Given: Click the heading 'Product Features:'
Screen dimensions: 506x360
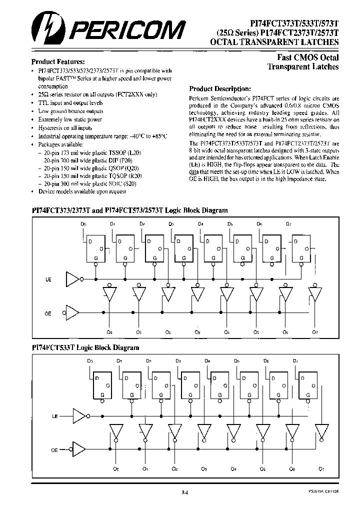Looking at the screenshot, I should coord(54,61).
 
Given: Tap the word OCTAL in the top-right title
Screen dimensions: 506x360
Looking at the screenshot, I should coord(225,43).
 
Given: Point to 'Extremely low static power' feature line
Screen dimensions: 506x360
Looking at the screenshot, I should coord(70,120).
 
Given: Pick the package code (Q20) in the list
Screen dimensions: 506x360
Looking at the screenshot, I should coord(133,168).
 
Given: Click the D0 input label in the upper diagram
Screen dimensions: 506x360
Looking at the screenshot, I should coord(84,224).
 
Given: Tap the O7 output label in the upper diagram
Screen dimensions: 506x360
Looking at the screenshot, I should coord(314,332).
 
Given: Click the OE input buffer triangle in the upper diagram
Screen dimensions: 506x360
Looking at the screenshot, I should coord(72,312).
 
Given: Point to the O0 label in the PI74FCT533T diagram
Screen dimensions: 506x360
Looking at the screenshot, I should coord(116,468).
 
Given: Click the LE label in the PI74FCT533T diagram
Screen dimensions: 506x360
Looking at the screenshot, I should coord(55,415).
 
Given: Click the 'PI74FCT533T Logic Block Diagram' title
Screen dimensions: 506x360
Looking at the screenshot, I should coord(85,347).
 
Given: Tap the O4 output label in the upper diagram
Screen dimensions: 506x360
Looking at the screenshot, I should coord(227,332).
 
